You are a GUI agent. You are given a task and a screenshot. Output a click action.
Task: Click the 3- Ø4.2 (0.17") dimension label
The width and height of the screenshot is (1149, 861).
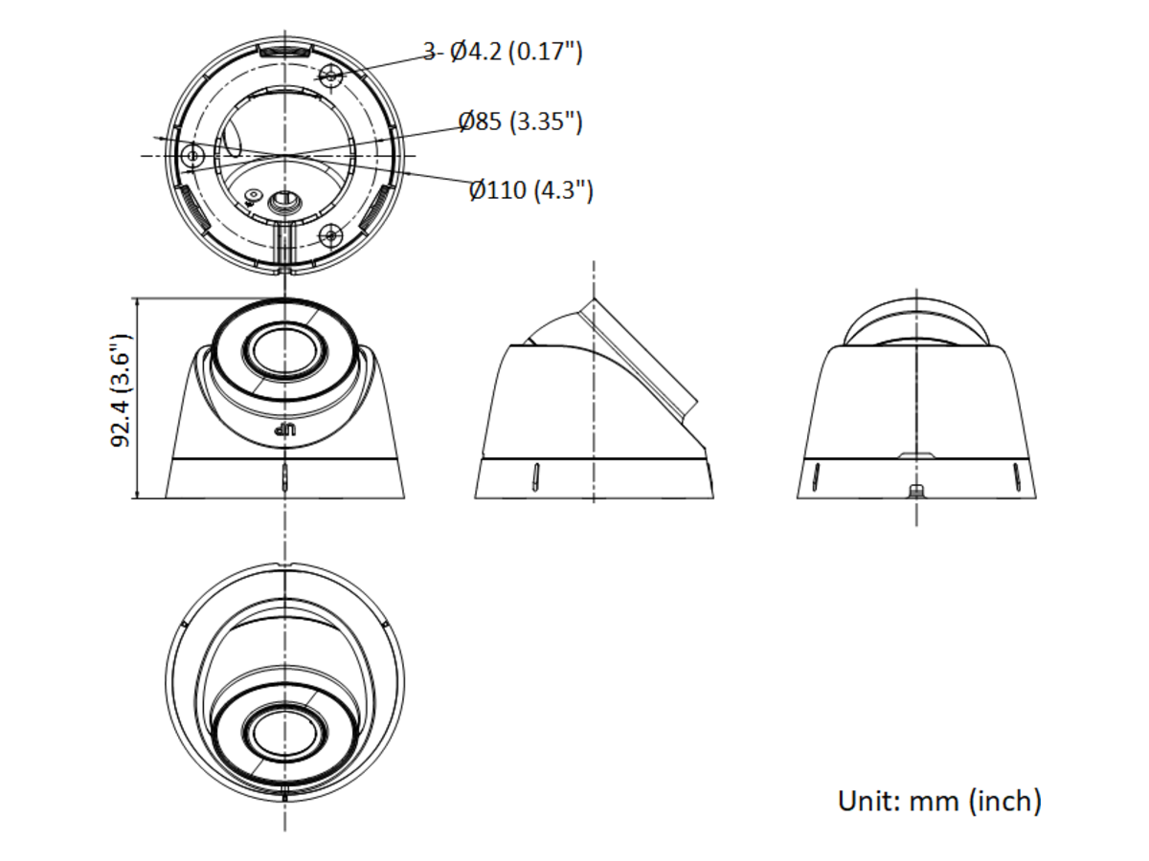(503, 53)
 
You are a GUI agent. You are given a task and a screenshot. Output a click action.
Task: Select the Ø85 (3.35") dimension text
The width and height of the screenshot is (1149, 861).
(520, 121)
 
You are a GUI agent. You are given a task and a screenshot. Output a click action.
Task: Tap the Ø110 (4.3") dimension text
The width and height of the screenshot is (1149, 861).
(531, 189)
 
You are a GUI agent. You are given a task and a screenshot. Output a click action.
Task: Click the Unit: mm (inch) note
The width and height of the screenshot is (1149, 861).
(939, 802)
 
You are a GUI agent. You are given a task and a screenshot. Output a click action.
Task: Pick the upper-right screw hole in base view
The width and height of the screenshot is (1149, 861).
(331, 77)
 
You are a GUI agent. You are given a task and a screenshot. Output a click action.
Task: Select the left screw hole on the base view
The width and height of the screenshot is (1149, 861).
(192, 155)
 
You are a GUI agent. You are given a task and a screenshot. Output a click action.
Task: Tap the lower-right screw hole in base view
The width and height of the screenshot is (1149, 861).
(330, 235)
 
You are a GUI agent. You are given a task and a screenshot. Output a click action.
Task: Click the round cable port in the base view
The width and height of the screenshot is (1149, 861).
(284, 200)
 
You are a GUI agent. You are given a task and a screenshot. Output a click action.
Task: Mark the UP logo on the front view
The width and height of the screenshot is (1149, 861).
(285, 430)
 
